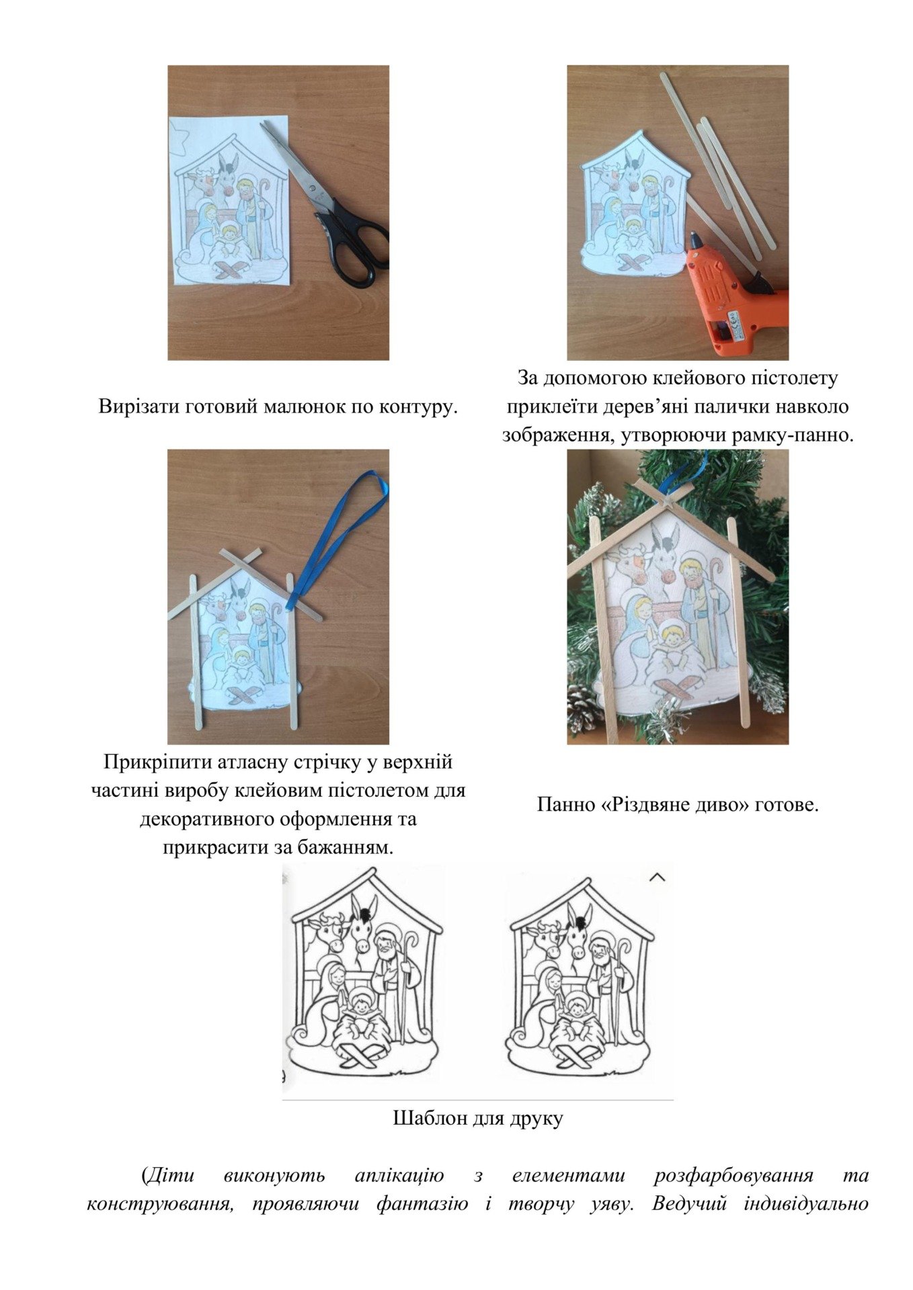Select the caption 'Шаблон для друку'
click(478, 1118)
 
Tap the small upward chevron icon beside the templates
click(658, 877)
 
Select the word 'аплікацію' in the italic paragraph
click(399, 1175)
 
